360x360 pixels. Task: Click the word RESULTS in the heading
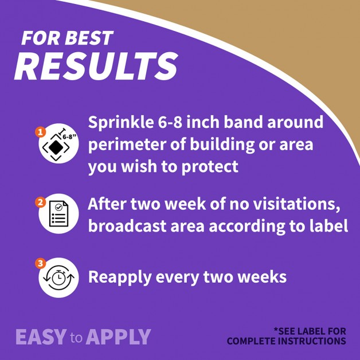click(x=96, y=66)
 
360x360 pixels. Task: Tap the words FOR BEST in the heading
click(x=67, y=38)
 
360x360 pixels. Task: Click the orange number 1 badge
click(x=41, y=132)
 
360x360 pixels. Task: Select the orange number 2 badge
click(x=41, y=202)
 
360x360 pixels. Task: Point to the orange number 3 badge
click(x=41, y=263)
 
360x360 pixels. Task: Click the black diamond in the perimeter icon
click(x=56, y=147)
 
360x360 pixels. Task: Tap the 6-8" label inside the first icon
click(x=69, y=137)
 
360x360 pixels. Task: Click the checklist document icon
click(x=59, y=214)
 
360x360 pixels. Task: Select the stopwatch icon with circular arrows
click(x=59, y=278)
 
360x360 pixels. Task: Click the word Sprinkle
click(x=121, y=123)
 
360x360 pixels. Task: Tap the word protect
click(x=210, y=166)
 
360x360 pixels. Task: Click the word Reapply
click(x=120, y=277)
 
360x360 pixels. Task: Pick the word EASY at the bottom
click(x=41, y=337)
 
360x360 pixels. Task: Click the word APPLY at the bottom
click(x=118, y=337)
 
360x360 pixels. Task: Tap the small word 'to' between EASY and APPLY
click(x=76, y=338)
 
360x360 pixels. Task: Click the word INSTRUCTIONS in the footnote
click(x=312, y=341)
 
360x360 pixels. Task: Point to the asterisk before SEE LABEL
click(x=276, y=330)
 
